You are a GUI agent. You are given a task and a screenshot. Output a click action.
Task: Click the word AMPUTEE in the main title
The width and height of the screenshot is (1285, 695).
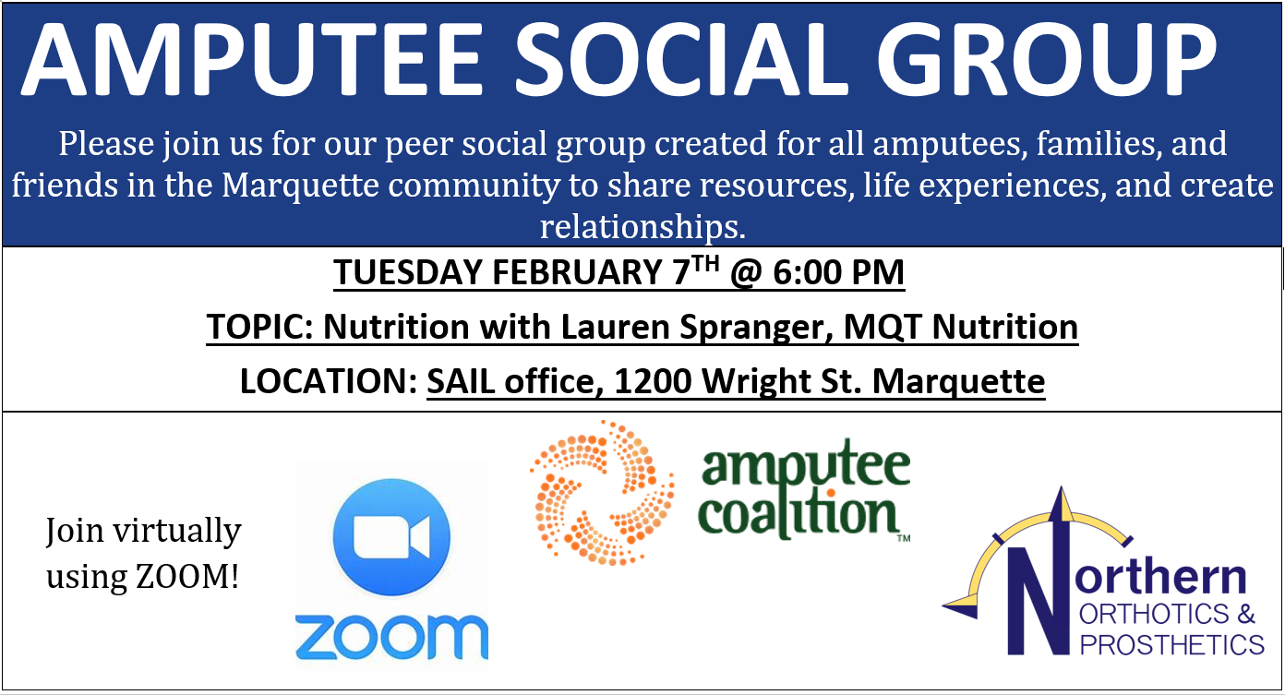(252, 60)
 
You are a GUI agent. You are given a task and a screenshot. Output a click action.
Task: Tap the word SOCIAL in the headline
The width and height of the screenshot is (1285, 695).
(681, 60)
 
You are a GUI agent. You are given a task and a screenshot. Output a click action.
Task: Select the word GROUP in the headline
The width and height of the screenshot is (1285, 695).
(1046, 60)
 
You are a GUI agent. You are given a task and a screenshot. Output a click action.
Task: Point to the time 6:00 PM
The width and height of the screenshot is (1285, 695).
(839, 271)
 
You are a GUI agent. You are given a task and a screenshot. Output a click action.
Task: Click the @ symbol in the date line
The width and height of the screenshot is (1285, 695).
(746, 273)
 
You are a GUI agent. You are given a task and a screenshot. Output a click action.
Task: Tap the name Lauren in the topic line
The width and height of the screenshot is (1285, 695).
(616, 327)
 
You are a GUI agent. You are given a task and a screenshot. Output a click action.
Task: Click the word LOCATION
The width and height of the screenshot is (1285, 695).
(328, 381)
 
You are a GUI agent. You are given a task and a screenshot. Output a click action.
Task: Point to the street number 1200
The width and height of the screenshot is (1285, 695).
(653, 381)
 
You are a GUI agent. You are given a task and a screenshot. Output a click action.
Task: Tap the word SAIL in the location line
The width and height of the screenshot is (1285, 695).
(461, 381)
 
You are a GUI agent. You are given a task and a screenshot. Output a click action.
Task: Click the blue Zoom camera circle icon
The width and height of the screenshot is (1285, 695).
(391, 537)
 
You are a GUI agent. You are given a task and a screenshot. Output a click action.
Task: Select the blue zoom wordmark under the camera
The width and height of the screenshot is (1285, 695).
(391, 637)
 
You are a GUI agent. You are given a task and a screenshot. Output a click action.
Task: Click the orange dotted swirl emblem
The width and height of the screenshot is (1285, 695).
(602, 493)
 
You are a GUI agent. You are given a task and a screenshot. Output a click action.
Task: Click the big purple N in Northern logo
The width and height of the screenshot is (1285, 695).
(1039, 599)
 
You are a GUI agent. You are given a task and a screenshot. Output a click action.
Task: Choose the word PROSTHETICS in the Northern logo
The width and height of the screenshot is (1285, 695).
(1172, 645)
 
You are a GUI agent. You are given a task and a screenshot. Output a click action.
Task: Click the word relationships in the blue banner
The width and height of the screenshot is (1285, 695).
(642, 227)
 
